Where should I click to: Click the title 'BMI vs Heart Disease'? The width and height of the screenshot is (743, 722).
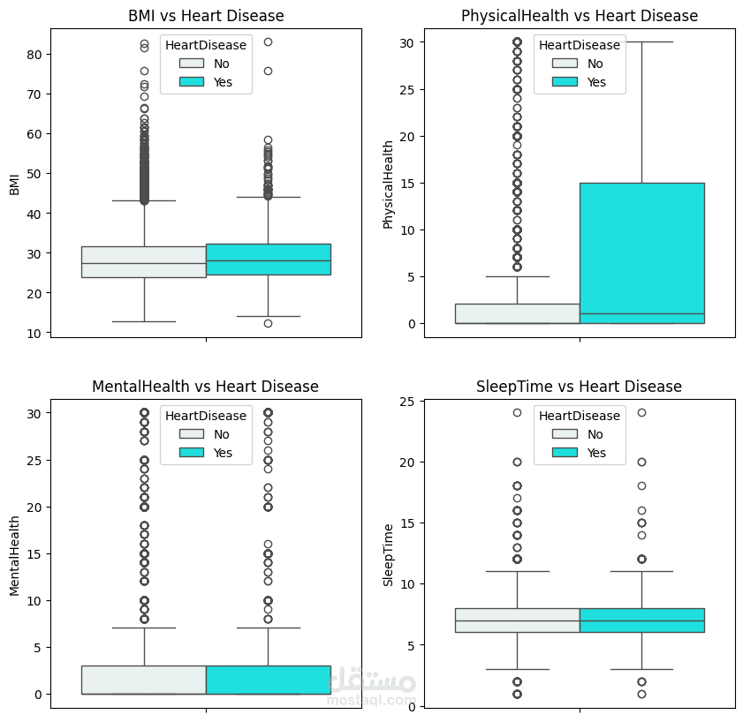tap(206, 16)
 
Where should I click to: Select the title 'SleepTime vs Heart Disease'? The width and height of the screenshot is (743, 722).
tap(579, 387)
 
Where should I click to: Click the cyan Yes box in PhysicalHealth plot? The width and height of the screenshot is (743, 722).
tap(641, 247)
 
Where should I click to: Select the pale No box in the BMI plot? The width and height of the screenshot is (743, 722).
tap(143, 262)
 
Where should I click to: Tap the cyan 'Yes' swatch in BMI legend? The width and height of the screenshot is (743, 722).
tap(191, 82)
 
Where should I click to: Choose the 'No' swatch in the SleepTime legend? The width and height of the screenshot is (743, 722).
tap(565, 434)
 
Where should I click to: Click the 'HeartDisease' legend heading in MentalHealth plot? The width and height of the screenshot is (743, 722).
tap(206, 415)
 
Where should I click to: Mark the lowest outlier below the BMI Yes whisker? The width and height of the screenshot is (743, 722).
tap(268, 323)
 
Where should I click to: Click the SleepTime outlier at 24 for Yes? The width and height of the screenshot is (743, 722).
tap(641, 412)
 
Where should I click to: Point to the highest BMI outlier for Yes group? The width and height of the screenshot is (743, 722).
tap(268, 42)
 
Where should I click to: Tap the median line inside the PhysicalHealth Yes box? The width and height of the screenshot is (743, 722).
tap(641, 314)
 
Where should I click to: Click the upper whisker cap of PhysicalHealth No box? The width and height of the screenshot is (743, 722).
tap(517, 276)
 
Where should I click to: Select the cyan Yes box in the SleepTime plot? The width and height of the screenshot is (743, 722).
tap(641, 620)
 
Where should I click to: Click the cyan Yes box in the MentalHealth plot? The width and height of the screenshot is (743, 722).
tap(268, 680)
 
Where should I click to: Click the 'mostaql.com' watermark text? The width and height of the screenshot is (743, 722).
tap(371, 701)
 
